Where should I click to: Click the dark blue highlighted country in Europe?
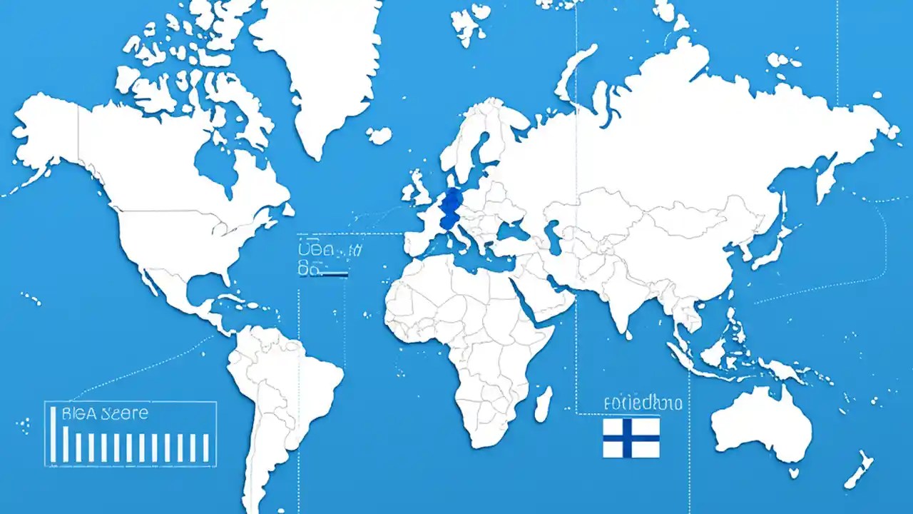450,208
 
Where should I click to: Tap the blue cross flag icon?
631,437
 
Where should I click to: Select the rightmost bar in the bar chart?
205,447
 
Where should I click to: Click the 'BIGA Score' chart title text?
105,413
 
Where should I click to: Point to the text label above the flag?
642,403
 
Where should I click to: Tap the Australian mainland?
763,425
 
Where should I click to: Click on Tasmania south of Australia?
793,472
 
